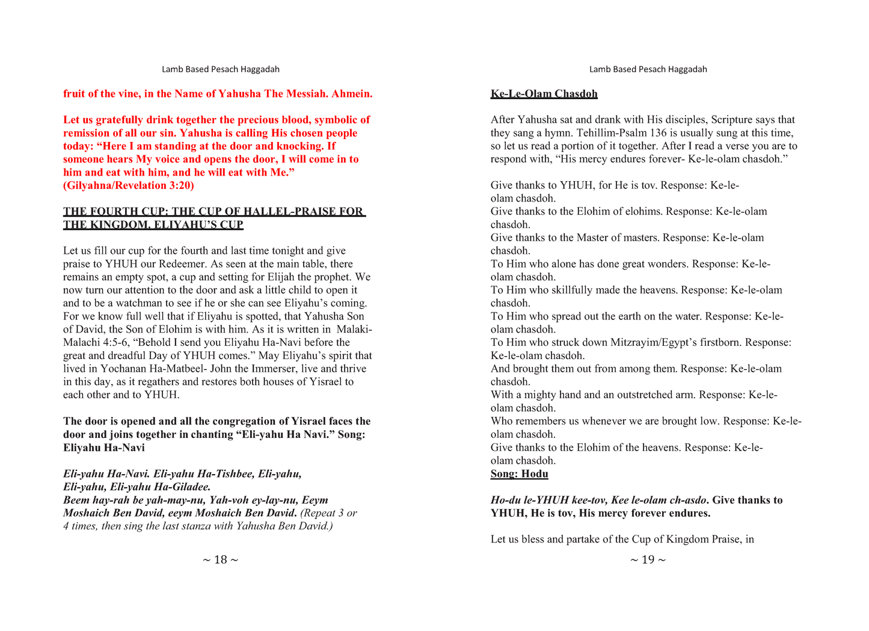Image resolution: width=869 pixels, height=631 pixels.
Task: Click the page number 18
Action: pyautogui.click(x=220, y=560)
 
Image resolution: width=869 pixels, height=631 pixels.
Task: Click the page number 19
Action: pyautogui.click(x=648, y=560)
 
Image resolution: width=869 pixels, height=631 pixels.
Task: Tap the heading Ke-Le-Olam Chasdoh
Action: pyautogui.click(x=544, y=94)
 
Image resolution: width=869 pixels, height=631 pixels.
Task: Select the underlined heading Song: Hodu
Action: pyautogui.click(x=519, y=474)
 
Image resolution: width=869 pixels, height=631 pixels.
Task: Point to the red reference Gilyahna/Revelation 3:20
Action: pyautogui.click(x=128, y=185)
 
